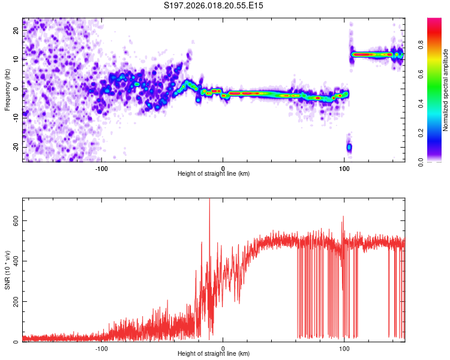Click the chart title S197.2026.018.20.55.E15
(214, 5)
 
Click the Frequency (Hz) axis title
(7, 89)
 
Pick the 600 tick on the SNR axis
(16, 220)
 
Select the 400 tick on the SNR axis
(16, 261)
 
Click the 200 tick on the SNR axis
(16, 301)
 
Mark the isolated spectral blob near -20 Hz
(349, 147)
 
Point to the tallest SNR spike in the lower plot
(209, 202)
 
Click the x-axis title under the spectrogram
(214, 174)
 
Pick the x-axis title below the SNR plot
(214, 354)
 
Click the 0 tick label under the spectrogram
(223, 168)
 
